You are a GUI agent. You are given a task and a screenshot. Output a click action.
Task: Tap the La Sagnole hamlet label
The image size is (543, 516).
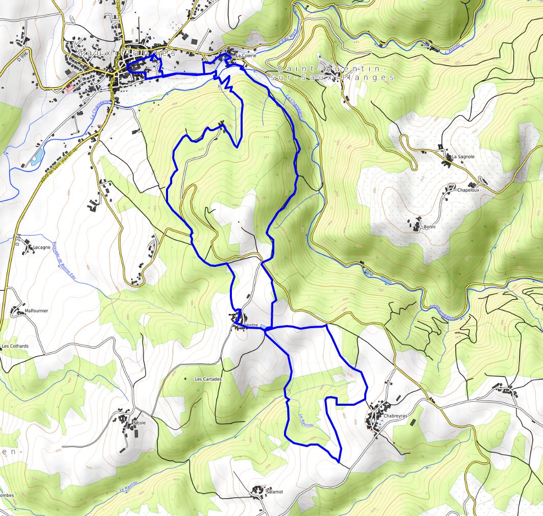(x=463, y=157)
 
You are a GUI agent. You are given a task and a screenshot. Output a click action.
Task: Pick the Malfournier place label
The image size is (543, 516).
(x=36, y=310)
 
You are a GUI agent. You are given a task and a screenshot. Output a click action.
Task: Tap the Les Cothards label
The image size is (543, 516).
(x=15, y=346)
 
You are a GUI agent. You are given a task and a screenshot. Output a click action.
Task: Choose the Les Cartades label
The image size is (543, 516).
(x=208, y=379)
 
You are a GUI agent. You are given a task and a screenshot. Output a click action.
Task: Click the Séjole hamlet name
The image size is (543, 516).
(x=139, y=423)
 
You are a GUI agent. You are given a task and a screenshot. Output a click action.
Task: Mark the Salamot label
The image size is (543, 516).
(x=274, y=492)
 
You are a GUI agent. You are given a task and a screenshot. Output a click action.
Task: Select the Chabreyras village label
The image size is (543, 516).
(x=394, y=416)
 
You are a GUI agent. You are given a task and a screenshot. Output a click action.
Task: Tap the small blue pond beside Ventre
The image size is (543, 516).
(x=263, y=326)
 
